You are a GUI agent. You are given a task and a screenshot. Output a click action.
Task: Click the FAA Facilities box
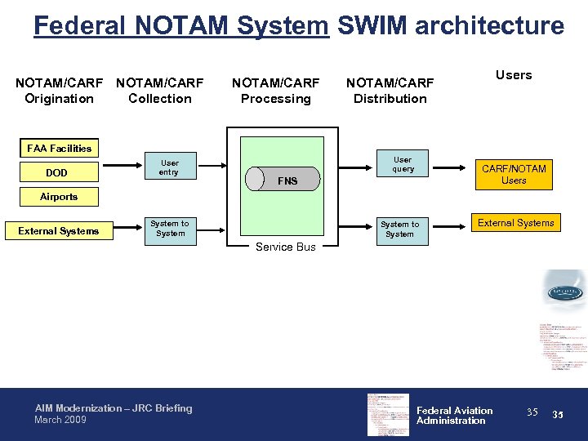pyautogui.click(x=60, y=149)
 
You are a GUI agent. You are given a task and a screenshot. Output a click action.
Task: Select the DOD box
pyautogui.click(x=57, y=173)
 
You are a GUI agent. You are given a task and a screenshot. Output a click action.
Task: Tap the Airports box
pyautogui.click(x=59, y=197)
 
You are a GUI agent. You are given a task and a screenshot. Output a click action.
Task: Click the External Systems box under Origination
pyautogui.click(x=59, y=231)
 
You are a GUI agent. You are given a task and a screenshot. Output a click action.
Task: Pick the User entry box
pyautogui.click(x=169, y=167)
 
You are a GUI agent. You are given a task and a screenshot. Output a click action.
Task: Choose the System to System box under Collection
pyautogui.click(x=169, y=229)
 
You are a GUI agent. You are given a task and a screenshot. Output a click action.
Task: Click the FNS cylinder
pyautogui.click(x=283, y=180)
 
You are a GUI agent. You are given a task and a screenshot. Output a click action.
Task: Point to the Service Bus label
pyautogui.click(x=285, y=247)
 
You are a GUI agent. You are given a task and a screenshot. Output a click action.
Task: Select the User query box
pyautogui.click(x=403, y=164)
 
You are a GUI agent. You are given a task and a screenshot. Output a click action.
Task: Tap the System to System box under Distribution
pyautogui.click(x=399, y=229)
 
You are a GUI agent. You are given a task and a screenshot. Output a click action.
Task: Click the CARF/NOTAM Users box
pyautogui.click(x=514, y=174)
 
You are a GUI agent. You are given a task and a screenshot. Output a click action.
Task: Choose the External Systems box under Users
pyautogui.click(x=515, y=223)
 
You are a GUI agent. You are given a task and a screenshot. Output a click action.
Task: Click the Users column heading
pyautogui.click(x=514, y=75)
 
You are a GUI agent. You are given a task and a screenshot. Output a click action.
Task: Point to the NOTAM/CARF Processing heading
pyautogui.click(x=275, y=91)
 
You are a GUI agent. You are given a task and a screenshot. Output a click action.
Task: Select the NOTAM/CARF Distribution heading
pyautogui.click(x=390, y=91)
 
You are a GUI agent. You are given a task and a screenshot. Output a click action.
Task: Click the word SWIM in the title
pyautogui.click(x=370, y=26)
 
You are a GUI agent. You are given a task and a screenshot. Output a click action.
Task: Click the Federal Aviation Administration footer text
pyautogui.click(x=454, y=416)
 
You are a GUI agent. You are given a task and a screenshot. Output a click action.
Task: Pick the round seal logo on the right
pyautogui.click(x=563, y=292)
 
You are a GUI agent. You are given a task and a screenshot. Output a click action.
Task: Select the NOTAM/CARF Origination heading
pyautogui.click(x=59, y=91)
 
